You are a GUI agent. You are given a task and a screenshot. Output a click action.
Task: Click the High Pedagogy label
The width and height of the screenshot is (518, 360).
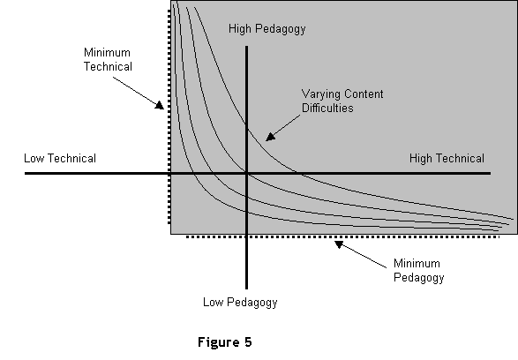click(267, 29)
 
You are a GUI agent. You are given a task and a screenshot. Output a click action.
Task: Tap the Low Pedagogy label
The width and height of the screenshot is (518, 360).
click(240, 303)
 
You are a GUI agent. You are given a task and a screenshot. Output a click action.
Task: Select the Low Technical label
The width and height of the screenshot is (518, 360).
click(60, 158)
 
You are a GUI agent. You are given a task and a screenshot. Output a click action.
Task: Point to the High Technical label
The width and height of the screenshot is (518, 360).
click(447, 158)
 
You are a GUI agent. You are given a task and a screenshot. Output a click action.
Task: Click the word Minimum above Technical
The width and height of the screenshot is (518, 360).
click(107, 53)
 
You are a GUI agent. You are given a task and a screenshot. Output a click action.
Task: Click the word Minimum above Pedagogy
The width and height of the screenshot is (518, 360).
click(417, 263)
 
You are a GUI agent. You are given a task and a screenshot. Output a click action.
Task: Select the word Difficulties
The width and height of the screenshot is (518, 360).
click(327, 108)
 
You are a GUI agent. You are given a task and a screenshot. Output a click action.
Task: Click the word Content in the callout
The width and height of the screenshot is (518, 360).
click(364, 94)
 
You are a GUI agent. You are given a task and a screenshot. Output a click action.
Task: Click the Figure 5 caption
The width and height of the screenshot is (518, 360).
click(225, 342)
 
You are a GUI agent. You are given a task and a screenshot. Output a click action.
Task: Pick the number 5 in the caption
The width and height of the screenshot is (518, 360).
click(249, 341)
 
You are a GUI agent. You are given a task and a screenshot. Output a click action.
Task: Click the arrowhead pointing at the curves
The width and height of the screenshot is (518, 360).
click(271, 137)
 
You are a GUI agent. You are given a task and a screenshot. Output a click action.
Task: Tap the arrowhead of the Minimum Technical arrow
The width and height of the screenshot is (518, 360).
click(160, 105)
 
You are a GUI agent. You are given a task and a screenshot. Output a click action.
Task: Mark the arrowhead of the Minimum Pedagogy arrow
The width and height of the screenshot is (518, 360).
click(339, 244)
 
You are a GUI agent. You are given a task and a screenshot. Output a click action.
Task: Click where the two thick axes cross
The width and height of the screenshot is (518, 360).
click(246, 173)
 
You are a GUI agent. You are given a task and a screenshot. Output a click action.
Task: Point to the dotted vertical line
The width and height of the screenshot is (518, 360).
click(169, 117)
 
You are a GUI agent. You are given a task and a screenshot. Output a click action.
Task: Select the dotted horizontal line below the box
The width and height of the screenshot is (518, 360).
click(342, 236)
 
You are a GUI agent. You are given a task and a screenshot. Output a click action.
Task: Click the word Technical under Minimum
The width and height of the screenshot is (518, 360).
click(108, 66)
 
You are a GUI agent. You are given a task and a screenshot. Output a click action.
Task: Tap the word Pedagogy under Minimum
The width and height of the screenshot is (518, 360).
click(419, 277)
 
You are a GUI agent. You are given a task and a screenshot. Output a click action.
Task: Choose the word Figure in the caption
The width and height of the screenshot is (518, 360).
click(220, 342)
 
